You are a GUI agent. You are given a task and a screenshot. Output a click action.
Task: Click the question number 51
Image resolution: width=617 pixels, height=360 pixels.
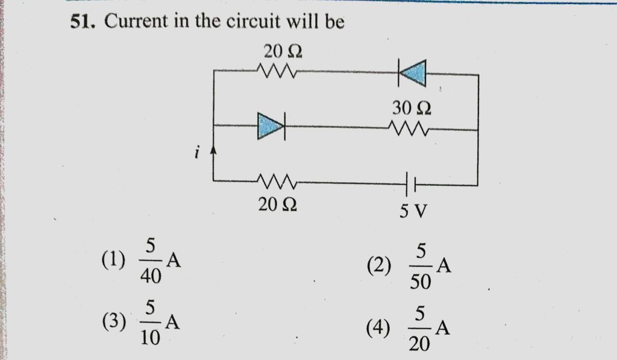tap(81, 23)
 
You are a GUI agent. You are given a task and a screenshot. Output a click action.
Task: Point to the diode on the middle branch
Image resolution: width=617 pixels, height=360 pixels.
tap(271, 127)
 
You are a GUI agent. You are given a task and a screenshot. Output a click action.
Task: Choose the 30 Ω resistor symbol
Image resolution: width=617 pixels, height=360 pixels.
tap(409, 128)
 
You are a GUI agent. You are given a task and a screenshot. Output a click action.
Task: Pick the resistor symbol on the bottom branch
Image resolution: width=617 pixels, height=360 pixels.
tap(277, 180)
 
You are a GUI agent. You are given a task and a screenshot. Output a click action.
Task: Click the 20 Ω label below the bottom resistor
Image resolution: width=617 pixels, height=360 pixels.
tap(277, 205)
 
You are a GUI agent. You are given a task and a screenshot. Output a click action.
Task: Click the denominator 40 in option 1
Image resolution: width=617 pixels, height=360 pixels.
tap(151, 276)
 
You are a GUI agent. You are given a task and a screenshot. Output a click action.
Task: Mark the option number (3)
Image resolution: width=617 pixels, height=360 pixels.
tap(113, 323)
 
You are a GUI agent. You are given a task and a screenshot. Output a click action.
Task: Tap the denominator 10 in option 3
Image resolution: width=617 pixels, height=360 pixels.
tap(151, 338)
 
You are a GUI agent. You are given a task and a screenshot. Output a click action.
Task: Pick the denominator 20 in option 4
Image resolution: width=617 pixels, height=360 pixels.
tap(421, 344)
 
